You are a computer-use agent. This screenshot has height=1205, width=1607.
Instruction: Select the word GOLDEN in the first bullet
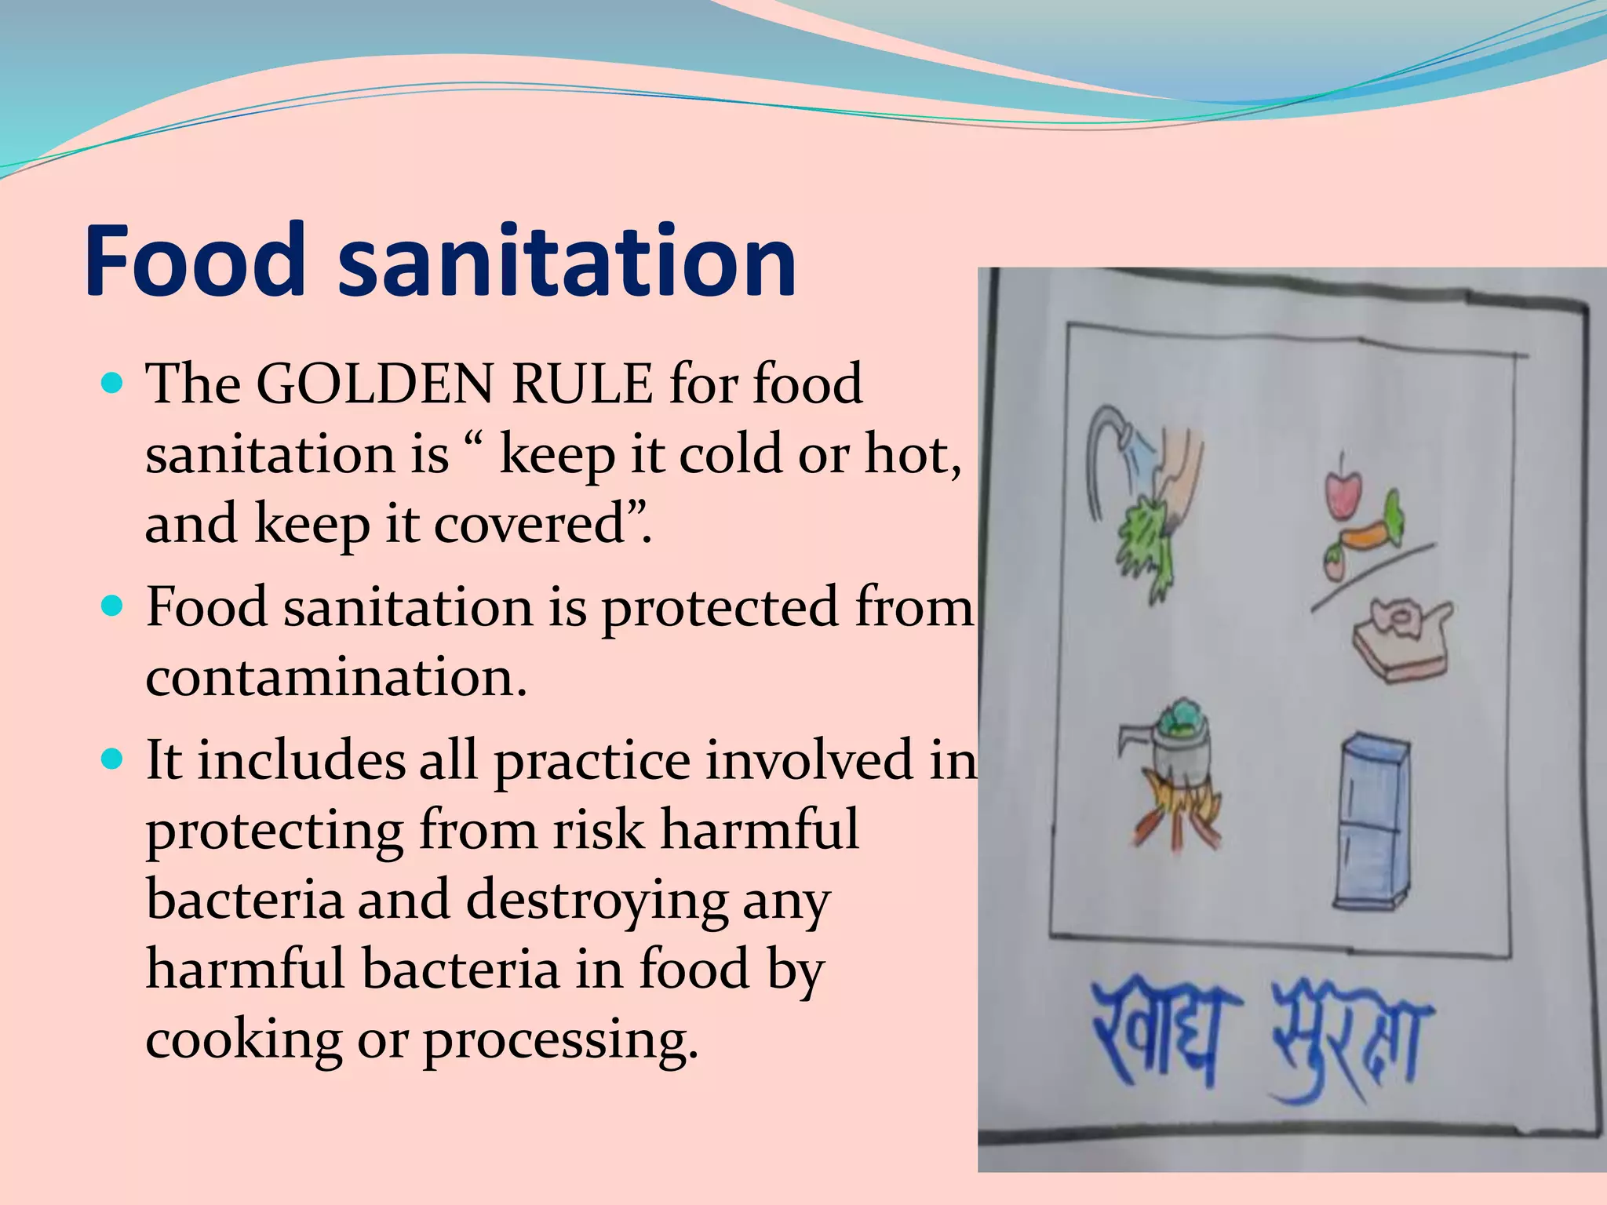pos(376,384)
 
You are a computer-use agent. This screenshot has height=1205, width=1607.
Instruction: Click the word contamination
pos(336,676)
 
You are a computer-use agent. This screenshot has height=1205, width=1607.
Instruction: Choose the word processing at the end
pos(560,1039)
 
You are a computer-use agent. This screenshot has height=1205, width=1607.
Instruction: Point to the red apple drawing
pos(1345,493)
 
